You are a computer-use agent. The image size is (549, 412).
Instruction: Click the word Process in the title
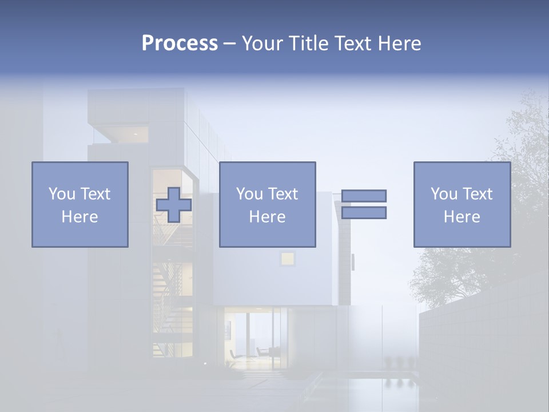(x=180, y=43)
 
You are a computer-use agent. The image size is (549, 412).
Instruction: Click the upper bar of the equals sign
(x=364, y=196)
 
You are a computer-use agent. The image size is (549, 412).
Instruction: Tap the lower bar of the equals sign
(x=364, y=213)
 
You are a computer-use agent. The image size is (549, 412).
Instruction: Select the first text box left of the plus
(x=80, y=204)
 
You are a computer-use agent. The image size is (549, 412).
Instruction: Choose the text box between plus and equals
(x=268, y=204)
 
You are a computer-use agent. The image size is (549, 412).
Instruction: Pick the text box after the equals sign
(x=462, y=204)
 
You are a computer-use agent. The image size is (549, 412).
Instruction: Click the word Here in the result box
(x=462, y=216)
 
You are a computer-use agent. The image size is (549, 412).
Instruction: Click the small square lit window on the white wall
(x=287, y=259)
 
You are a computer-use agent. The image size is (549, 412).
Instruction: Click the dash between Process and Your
(x=230, y=43)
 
